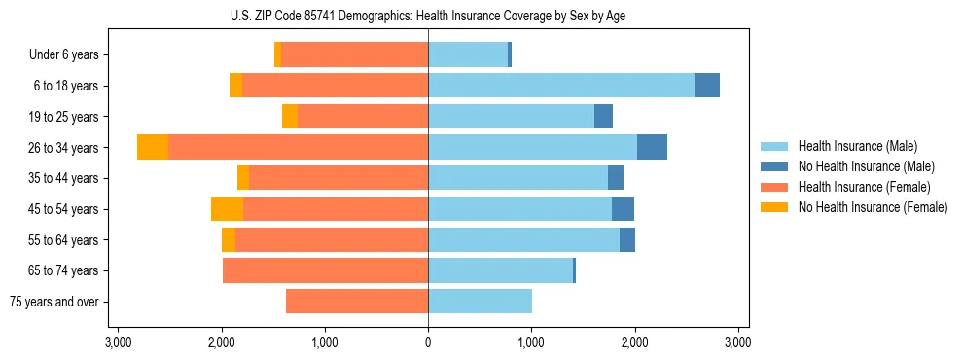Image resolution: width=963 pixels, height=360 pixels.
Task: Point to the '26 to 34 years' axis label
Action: click(63, 148)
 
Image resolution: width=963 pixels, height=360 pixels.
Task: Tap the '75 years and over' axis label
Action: click(54, 302)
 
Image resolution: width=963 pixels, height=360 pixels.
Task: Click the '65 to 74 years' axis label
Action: click(63, 270)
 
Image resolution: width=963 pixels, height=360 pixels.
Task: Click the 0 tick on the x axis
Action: click(428, 342)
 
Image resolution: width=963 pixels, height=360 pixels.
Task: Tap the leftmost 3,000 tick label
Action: click(118, 342)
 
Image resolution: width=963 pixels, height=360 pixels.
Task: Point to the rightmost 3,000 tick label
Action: click(738, 342)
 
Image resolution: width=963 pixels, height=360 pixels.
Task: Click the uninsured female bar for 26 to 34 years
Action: click(153, 147)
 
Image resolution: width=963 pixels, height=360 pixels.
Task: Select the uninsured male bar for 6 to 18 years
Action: click(707, 86)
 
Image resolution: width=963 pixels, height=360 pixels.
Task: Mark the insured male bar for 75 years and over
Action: click(480, 302)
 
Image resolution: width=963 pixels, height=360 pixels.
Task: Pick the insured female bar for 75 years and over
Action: click(357, 302)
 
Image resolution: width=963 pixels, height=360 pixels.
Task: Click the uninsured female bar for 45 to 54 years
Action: click(227, 209)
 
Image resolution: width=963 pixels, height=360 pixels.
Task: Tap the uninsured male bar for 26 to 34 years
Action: click(652, 147)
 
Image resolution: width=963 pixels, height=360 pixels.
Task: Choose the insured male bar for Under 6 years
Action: click(468, 54)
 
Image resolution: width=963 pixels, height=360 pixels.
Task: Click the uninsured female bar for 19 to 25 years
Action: click(290, 117)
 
